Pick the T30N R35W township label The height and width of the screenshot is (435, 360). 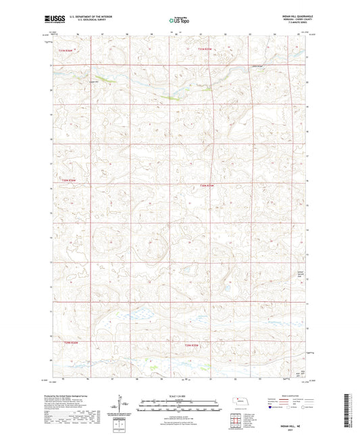pyautogui.click(x=207, y=186)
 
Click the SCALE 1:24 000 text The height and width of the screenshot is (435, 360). pyautogui.click(x=179, y=396)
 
